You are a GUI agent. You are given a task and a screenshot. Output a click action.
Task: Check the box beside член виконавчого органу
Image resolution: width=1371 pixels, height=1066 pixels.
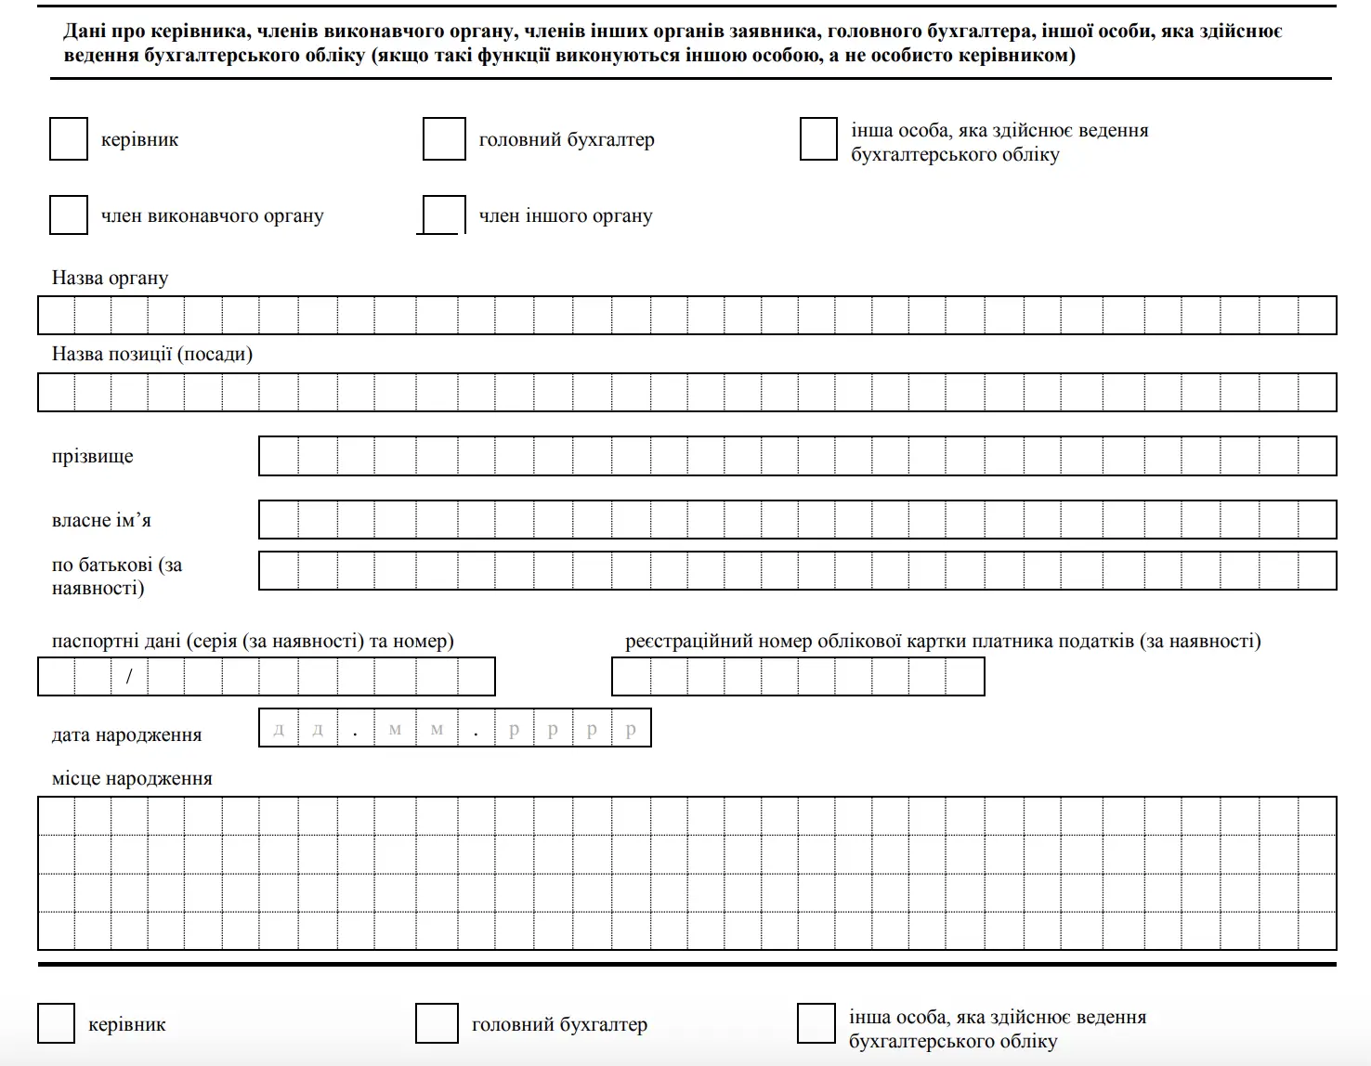68,214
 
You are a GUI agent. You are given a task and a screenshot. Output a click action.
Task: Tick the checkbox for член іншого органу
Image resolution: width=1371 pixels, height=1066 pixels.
443,214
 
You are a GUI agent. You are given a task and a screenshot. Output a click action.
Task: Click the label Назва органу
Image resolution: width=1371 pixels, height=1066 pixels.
110,278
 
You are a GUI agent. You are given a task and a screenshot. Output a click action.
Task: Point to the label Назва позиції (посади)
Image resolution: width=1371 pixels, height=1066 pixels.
151,354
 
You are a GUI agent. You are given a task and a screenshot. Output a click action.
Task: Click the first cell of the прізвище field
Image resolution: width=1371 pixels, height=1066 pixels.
279,456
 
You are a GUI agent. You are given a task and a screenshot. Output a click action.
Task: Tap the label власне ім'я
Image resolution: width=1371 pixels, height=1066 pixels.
101,520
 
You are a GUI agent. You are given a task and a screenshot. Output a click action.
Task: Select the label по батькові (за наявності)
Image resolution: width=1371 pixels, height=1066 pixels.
116,576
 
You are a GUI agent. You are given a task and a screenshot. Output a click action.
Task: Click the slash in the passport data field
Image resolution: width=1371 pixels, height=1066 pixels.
129,676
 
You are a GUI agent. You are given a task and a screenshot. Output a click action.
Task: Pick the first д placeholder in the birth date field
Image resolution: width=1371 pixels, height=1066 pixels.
279,729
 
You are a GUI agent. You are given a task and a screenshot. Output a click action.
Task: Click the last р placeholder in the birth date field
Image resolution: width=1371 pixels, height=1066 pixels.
631,729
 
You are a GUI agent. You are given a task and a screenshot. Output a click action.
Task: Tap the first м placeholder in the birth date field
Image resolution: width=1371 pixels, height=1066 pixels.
396,729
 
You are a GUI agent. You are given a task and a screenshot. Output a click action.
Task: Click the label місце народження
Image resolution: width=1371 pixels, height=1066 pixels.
132,778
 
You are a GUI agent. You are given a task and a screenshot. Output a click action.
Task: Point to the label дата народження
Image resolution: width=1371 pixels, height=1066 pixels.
126,734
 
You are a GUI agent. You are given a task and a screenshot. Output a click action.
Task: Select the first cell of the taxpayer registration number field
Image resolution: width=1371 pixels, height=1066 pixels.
632,676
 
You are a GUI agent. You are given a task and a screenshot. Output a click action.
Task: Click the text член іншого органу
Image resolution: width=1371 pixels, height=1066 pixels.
566,215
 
